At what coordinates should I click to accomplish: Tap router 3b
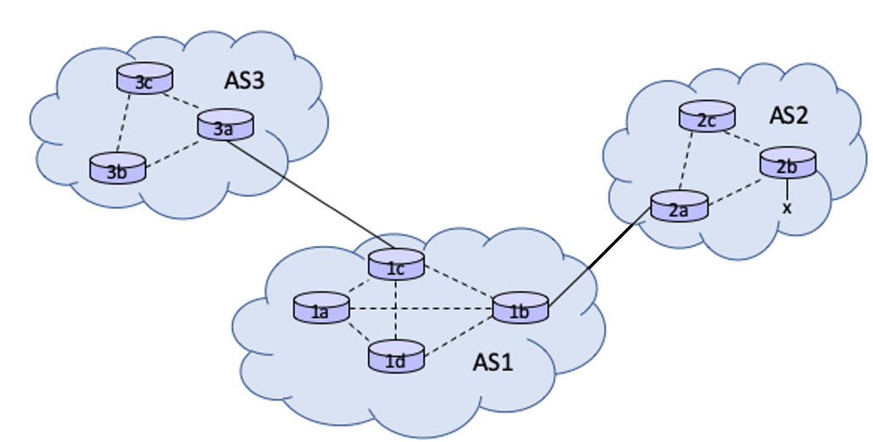tap(118, 169)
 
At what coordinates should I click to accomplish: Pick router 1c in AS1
tap(396, 265)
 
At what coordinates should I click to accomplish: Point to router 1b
tap(520, 309)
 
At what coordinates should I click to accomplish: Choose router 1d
tap(396, 357)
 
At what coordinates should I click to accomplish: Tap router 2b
tap(787, 163)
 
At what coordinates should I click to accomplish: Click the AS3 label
tap(245, 81)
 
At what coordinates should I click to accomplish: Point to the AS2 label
tap(788, 115)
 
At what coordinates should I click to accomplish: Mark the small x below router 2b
tap(787, 207)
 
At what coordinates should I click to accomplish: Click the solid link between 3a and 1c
tap(309, 193)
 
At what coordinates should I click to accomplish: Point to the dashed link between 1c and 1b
tap(459, 285)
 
